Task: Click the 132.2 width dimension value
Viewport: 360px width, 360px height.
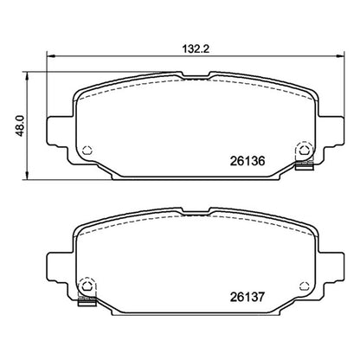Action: tap(196, 49)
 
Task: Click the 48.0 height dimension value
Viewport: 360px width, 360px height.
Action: tap(20, 126)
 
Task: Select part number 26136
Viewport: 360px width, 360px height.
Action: tap(247, 161)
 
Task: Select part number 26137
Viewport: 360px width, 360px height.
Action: tap(247, 297)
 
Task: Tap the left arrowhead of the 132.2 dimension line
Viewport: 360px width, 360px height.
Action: tap(50, 55)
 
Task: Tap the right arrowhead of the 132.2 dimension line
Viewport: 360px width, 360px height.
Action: tap(341, 55)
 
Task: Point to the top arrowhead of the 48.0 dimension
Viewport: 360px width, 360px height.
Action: tap(27, 75)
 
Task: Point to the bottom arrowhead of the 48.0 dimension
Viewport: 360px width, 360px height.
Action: tap(27, 176)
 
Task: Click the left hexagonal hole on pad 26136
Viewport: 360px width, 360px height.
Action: tap(87, 150)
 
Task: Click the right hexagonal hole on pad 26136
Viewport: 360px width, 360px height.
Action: tap(304, 150)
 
